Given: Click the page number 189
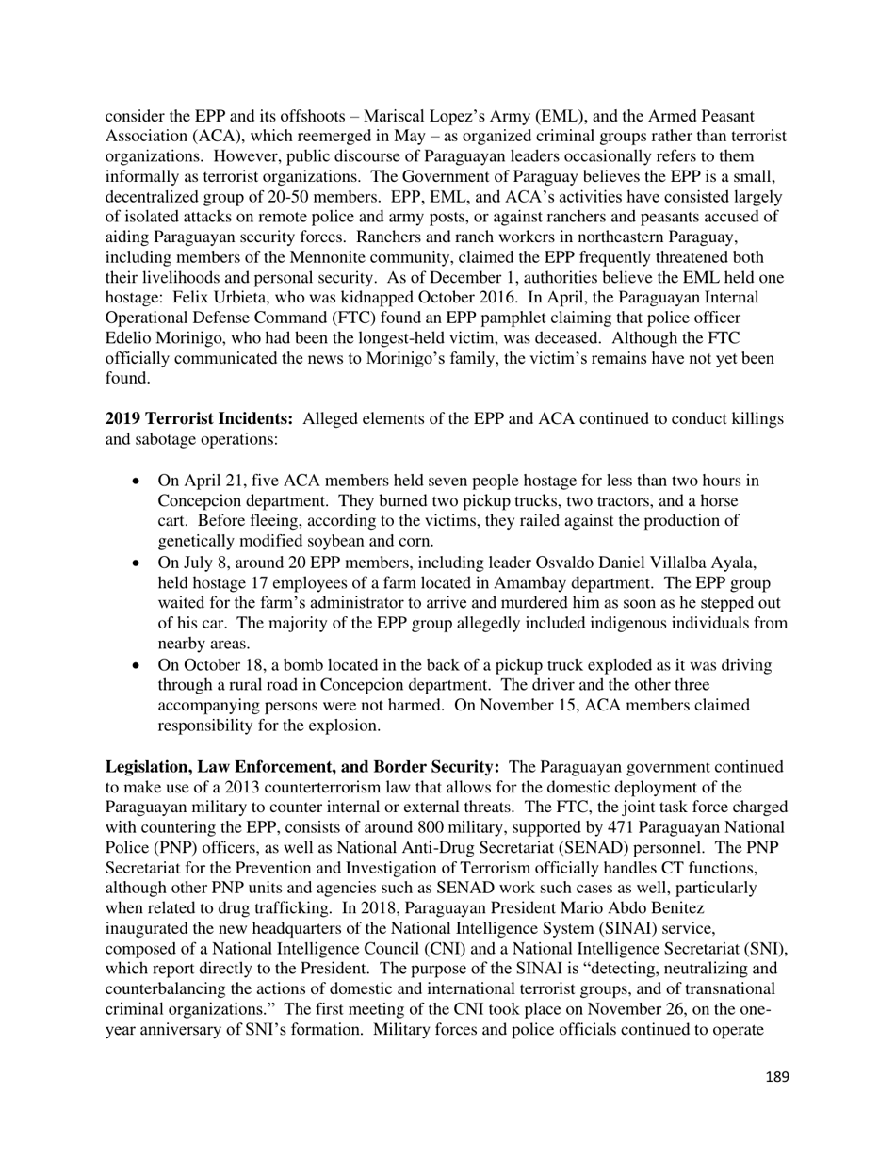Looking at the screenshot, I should point(776,1077).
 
